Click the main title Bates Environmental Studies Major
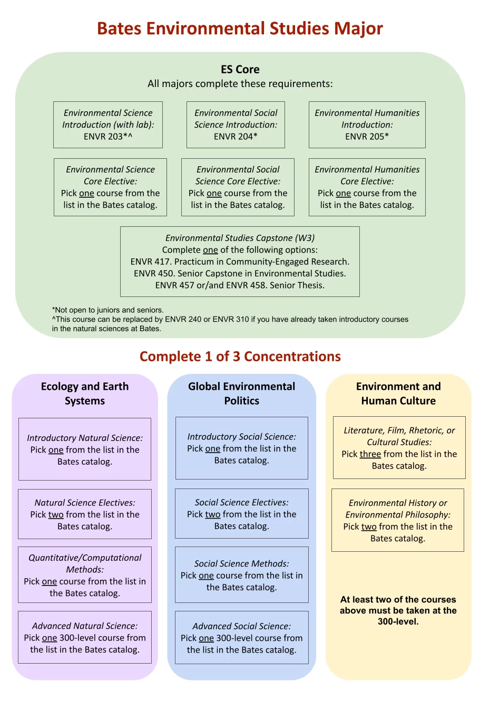[x=240, y=28]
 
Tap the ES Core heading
[x=240, y=69]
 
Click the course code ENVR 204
[x=233, y=137]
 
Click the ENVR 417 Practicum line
[x=240, y=262]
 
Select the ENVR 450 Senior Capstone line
[x=240, y=273]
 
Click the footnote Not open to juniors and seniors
[x=108, y=310]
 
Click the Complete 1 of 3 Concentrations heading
[x=240, y=357]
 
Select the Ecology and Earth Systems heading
[x=85, y=394]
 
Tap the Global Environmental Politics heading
[x=242, y=394]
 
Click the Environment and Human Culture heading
[x=398, y=394]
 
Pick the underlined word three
[x=370, y=454]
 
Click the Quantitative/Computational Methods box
[x=85, y=575]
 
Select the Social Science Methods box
[x=242, y=575]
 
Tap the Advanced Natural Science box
[x=85, y=637]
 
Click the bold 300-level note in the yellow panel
[x=398, y=610]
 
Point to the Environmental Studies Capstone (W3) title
[x=240, y=238]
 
